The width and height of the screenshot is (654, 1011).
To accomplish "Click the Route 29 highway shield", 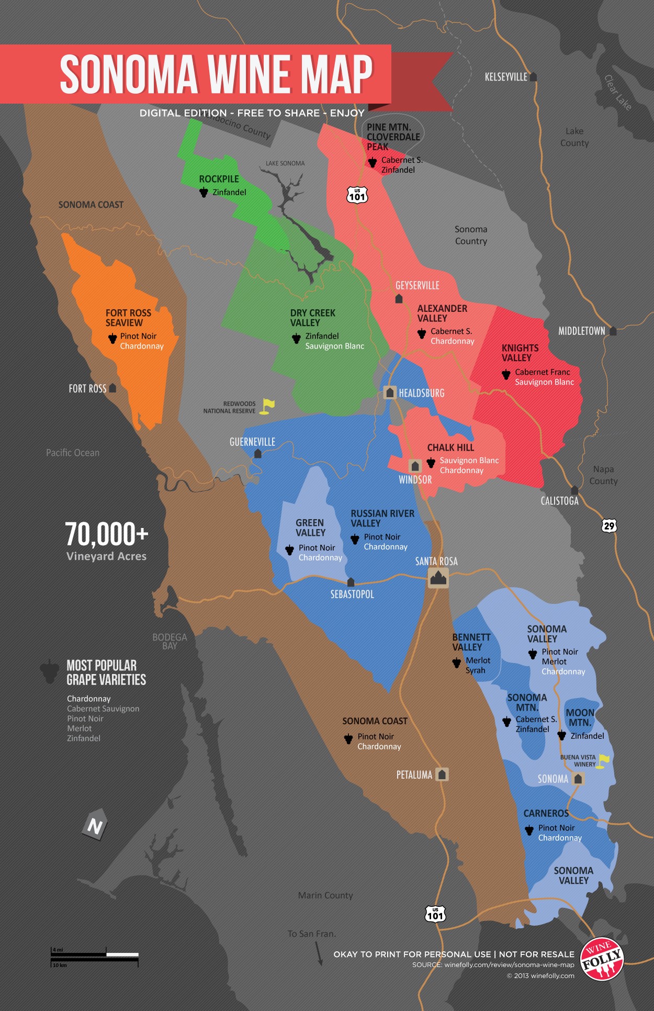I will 609,525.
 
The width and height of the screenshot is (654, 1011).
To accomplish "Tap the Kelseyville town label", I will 506,77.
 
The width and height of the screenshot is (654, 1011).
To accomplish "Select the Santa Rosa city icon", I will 438,578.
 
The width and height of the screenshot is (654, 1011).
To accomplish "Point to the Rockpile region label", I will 219,179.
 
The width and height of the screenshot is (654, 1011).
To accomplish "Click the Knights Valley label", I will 520,353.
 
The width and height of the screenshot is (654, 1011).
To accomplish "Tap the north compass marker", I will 95,826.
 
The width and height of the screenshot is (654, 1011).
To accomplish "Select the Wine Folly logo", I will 602,959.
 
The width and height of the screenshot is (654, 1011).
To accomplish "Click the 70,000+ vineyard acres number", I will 107,534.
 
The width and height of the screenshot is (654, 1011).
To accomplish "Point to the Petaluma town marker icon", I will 442,774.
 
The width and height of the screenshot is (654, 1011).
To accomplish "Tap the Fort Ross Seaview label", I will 128,318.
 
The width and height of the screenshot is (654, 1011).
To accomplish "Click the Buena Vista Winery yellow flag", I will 603,760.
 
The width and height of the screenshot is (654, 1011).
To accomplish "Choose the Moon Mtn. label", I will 580,717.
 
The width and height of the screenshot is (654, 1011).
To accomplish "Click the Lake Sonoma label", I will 285,163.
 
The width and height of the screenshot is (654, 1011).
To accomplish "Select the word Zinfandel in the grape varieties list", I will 84,738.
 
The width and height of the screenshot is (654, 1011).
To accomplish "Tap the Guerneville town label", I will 252,442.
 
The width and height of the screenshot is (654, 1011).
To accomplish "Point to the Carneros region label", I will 546,813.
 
